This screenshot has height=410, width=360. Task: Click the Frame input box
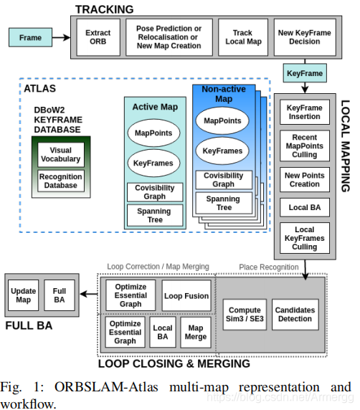[30, 37]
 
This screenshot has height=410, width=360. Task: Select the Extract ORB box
[98, 37]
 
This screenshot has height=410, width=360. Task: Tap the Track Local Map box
[243, 37]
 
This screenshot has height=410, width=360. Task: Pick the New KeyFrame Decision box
[305, 37]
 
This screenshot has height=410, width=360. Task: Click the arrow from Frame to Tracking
[61, 37]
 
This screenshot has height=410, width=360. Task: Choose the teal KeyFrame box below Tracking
[305, 73]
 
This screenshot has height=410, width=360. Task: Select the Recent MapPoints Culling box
[305, 146]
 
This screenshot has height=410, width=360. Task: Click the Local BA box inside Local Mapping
[305, 207]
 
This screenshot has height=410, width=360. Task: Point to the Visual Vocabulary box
[61, 155]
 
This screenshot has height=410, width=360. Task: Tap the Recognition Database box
[61, 181]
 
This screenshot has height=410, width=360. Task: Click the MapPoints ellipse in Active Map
[153, 133]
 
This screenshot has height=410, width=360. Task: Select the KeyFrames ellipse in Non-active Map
[222, 151]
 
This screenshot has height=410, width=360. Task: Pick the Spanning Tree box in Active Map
[155, 215]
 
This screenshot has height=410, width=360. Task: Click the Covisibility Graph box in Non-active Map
[224, 180]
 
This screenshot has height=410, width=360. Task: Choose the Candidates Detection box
[295, 314]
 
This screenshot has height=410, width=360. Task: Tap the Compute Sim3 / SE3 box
[245, 314]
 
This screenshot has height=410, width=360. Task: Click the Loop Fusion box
[186, 296]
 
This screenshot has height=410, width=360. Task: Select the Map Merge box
[196, 332]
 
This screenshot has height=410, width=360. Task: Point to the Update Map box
[23, 295]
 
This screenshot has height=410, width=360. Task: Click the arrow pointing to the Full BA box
[89, 294]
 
